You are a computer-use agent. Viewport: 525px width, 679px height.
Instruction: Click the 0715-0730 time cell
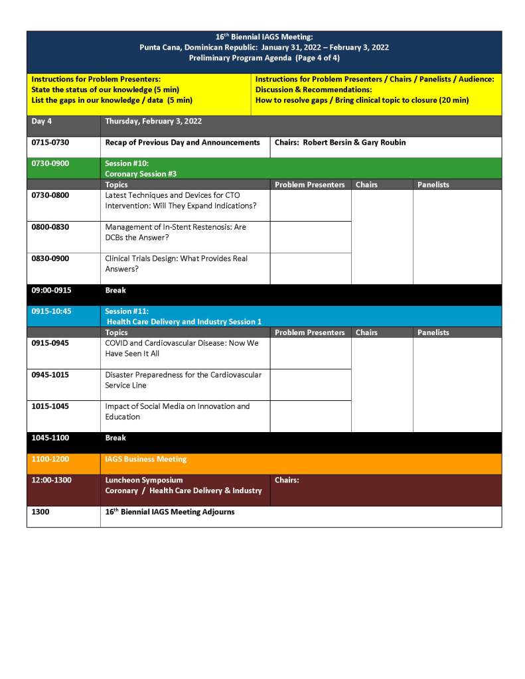[50, 142]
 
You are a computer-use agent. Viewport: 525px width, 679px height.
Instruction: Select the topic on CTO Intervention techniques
[181, 200]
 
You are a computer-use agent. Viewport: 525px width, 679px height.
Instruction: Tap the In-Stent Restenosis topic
[175, 232]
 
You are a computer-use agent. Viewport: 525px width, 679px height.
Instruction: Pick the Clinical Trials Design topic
[176, 264]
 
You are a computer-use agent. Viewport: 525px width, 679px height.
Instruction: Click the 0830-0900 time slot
[50, 258]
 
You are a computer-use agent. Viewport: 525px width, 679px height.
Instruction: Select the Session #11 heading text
[127, 311]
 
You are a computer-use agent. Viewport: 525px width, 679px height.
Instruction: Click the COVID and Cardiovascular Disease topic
[181, 348]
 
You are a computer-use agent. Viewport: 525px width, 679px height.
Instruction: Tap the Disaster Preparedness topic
[183, 380]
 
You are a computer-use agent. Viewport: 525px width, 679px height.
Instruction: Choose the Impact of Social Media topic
[177, 412]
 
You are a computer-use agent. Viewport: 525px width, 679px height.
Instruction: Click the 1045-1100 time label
[50, 438]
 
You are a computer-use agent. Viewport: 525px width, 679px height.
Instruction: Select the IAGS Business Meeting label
[145, 459]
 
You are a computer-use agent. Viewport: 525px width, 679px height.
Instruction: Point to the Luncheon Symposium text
[143, 480]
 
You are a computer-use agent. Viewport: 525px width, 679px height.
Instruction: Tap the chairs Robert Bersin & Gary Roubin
[340, 142]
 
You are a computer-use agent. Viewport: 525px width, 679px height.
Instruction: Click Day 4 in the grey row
[42, 121]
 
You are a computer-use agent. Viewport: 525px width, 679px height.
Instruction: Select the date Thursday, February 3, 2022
[153, 121]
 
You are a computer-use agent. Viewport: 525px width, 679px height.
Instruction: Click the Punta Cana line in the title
[264, 47]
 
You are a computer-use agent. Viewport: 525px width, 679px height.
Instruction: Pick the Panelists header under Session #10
[433, 185]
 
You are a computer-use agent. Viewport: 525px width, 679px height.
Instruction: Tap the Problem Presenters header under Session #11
[309, 333]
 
